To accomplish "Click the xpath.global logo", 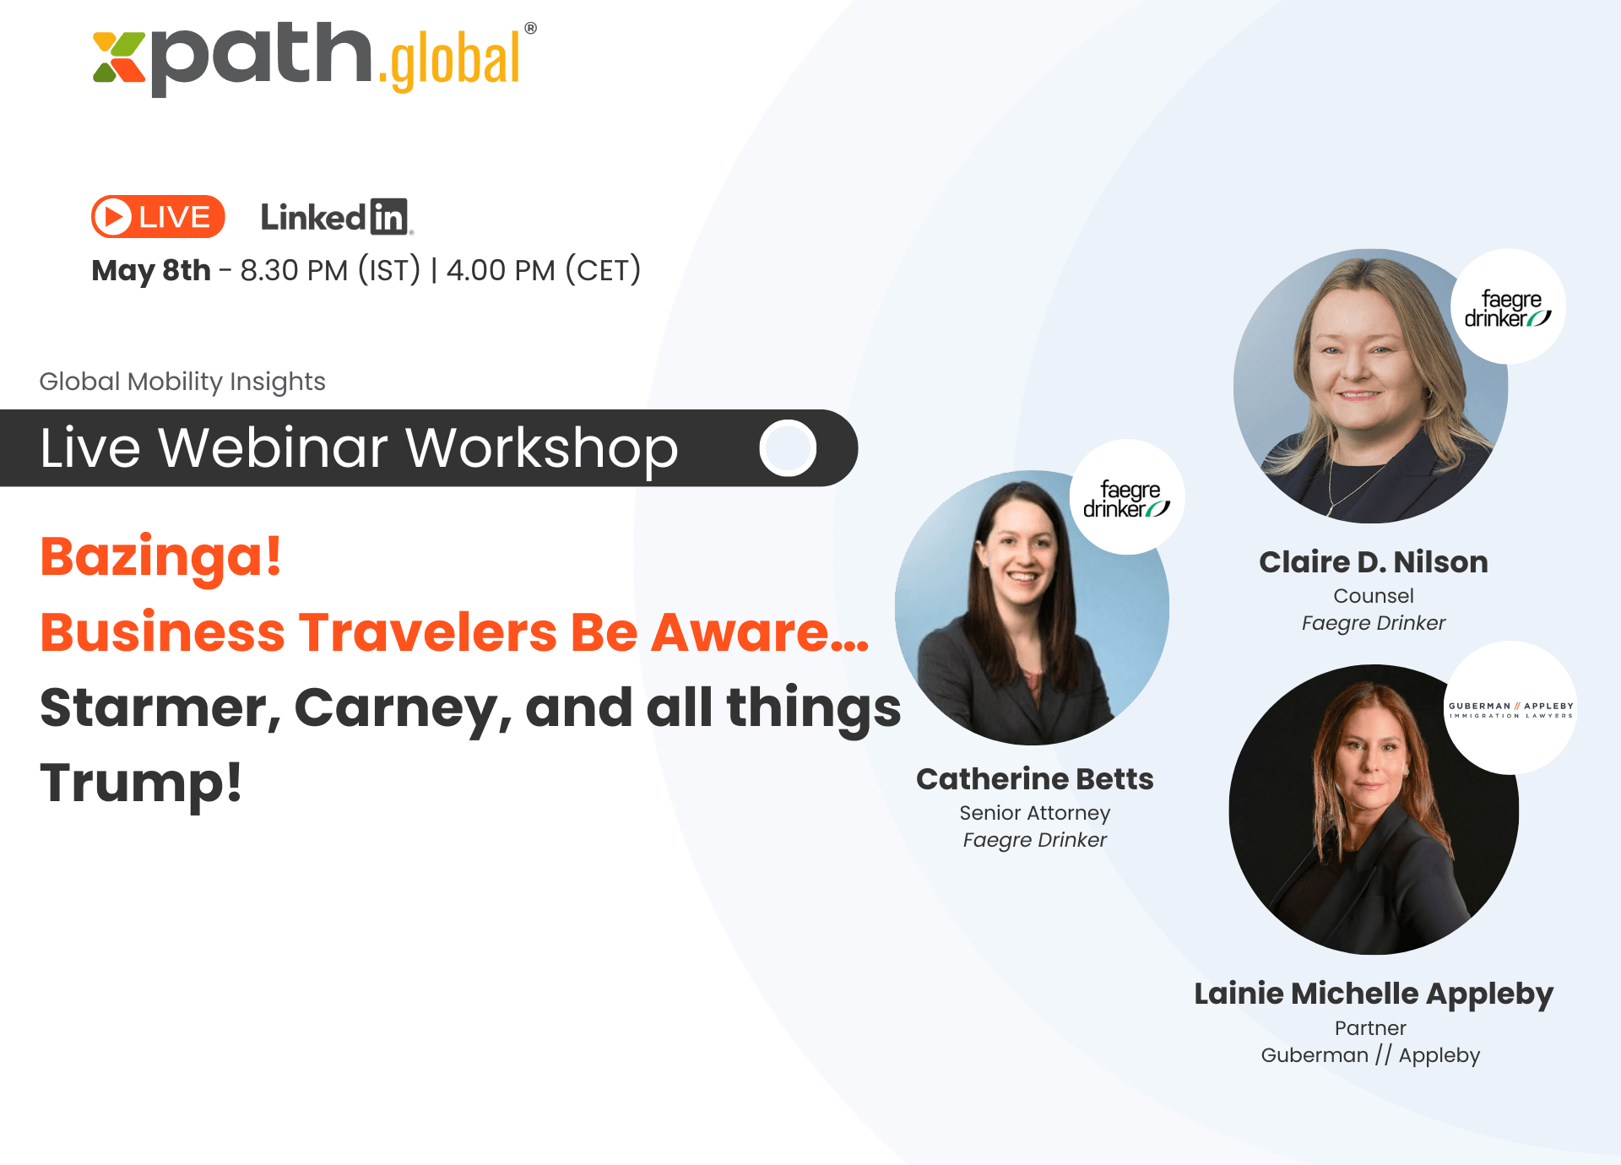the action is coord(314,57).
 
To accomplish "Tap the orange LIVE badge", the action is coord(158,217).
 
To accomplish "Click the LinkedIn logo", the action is coord(337,217).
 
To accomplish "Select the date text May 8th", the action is coord(151,270).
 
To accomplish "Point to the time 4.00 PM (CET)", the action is coord(544,270).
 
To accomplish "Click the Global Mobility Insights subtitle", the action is coord(182,382).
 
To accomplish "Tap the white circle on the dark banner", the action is coord(788,447).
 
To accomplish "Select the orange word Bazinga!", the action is coord(160,557).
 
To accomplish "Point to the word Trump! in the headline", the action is coord(141,783).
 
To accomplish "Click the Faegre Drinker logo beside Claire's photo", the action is coord(1508,307).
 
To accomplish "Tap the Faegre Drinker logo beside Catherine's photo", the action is coord(1127,497).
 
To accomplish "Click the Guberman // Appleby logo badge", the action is coord(1510,708).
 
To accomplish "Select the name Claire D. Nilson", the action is coord(1374,562).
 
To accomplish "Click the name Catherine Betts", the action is coord(1035,779).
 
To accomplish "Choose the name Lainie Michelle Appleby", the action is coord(1374,994).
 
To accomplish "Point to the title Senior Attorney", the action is coord(1035,813).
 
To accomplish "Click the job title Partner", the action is coord(1370,1028).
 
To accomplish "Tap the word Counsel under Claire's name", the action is coord(1374,596).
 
